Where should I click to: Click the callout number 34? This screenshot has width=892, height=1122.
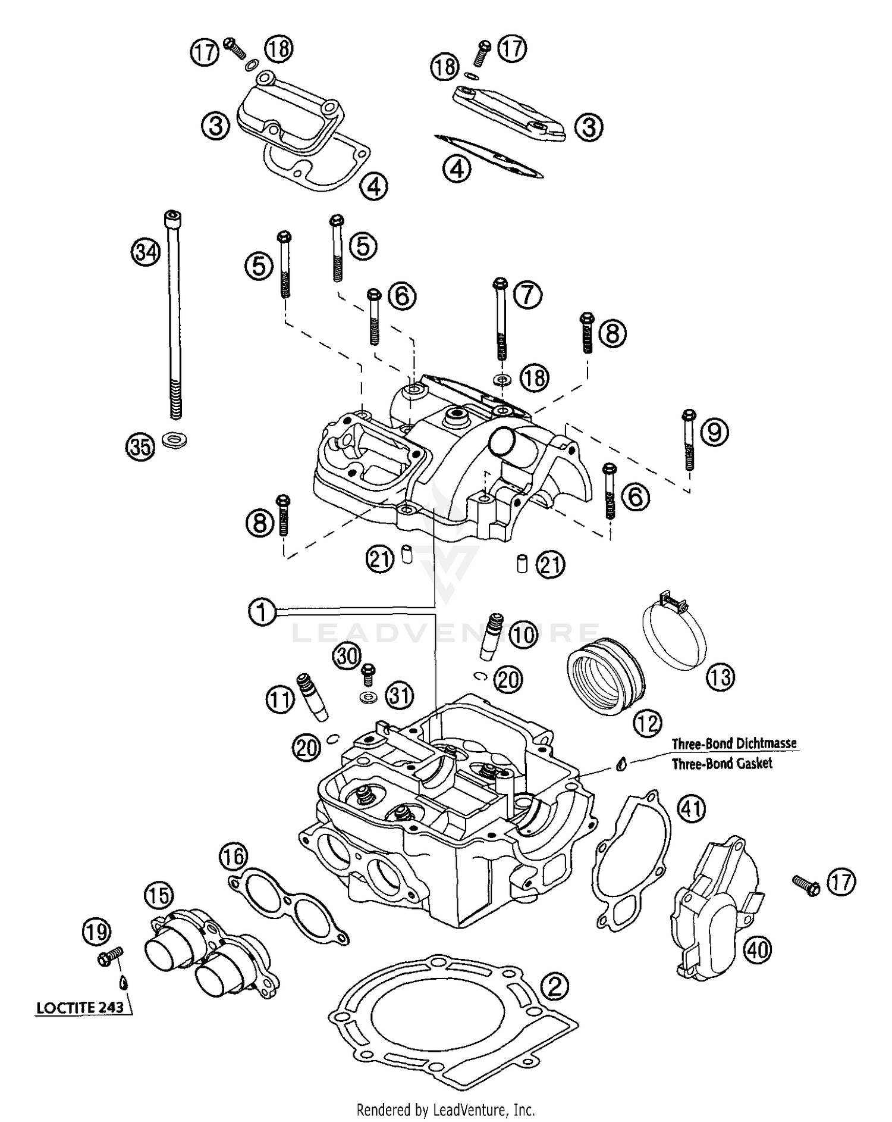pyautogui.click(x=146, y=252)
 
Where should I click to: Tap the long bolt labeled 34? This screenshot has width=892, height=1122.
pyautogui.click(x=174, y=321)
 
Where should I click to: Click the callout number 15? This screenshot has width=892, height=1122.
pyautogui.click(x=159, y=895)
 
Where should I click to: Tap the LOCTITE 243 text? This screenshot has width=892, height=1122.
pyautogui.click(x=80, y=1007)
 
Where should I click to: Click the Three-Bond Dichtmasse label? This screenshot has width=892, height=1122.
pyautogui.click(x=734, y=743)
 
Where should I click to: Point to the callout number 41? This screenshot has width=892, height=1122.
pyautogui.click(x=692, y=808)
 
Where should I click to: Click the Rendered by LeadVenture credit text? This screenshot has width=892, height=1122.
pyautogui.click(x=445, y=1110)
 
